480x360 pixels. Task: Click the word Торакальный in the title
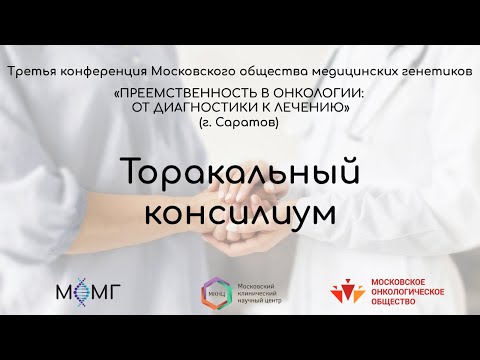point(239,174)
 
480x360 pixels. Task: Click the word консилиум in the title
point(239,212)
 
